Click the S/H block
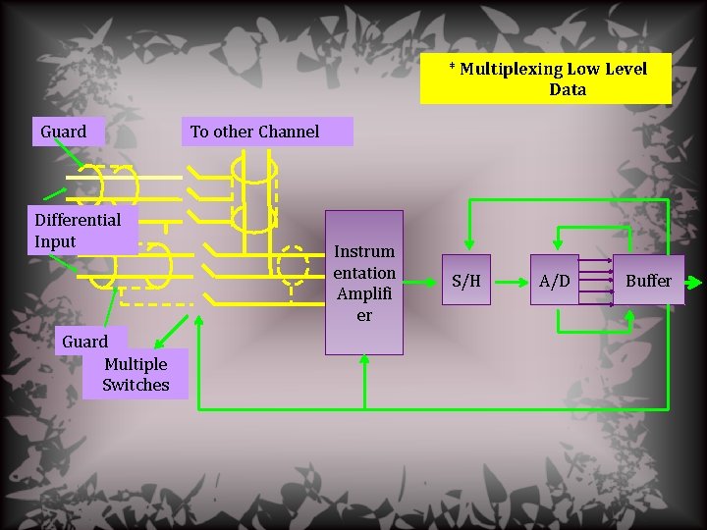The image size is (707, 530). tap(466, 281)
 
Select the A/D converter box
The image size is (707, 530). tap(555, 281)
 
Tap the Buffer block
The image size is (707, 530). tap(648, 281)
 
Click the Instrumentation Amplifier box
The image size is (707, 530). tap(364, 283)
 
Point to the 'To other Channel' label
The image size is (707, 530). tap(254, 132)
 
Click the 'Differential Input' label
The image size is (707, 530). tap(78, 231)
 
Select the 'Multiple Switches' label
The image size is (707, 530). tap(136, 374)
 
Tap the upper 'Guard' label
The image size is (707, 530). tap(64, 132)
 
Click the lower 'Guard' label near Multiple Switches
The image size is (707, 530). tap(84, 342)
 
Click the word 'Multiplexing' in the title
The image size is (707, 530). tap(511, 69)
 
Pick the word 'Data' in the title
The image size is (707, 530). tap(568, 89)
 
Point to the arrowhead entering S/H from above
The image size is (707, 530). tap(469, 245)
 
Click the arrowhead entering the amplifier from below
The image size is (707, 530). tap(364, 360)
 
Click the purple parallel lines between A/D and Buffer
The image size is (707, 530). tap(595, 282)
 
